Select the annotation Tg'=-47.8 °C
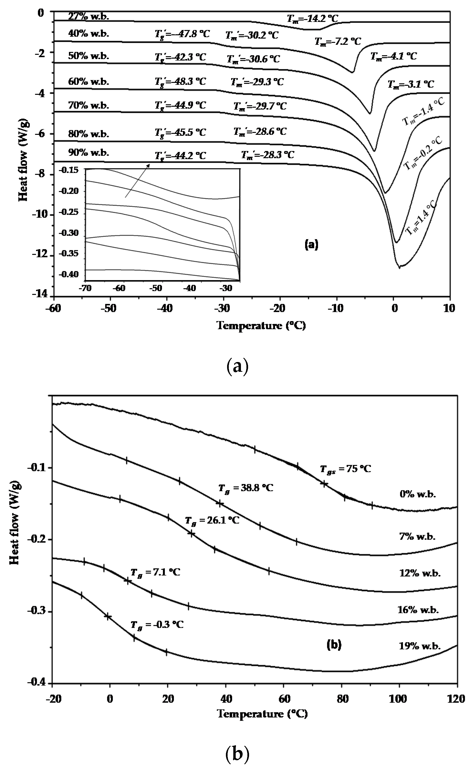click(x=182, y=34)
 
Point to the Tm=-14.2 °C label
click(x=312, y=19)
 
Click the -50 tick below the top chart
click(x=110, y=309)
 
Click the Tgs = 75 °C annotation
click(x=345, y=469)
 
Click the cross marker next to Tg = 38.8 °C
click(x=219, y=503)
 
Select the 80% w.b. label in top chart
click(x=89, y=134)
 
